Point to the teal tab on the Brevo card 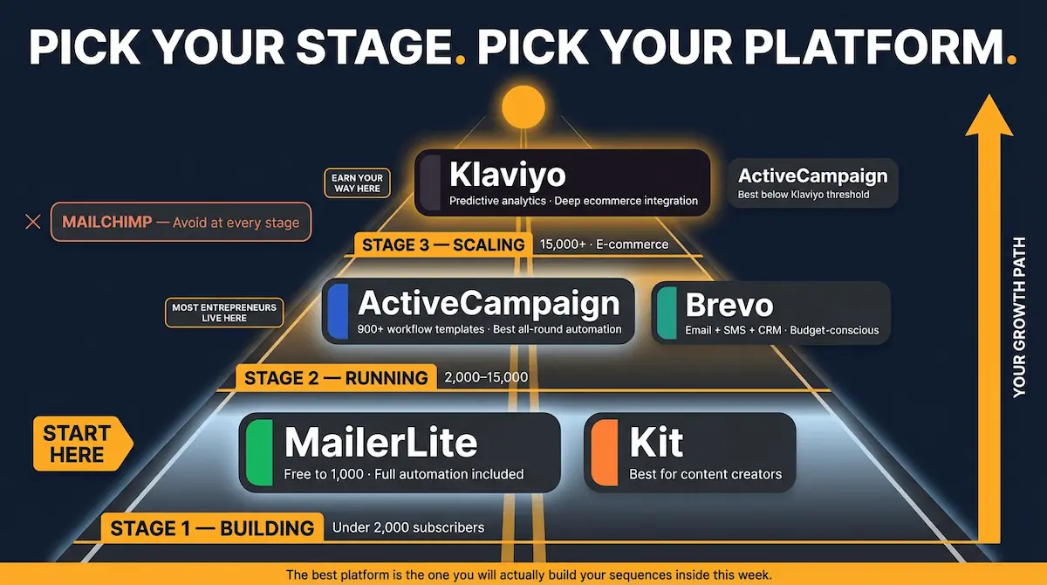pyautogui.click(x=667, y=313)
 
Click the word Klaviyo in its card pyautogui.click(x=507, y=175)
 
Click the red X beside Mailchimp pyautogui.click(x=33, y=222)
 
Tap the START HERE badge pyautogui.click(x=78, y=444)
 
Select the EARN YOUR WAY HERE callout pyautogui.click(x=357, y=183)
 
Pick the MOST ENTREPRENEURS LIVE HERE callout pyautogui.click(x=224, y=313)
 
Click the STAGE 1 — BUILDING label pyautogui.click(x=211, y=528)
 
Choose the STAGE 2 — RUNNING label pyautogui.click(x=336, y=378)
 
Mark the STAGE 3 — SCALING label pyautogui.click(x=443, y=244)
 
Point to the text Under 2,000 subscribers pyautogui.click(x=408, y=527)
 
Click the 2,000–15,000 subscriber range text pyautogui.click(x=486, y=378)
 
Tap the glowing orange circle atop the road pyautogui.click(x=523, y=106)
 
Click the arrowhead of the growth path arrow pyautogui.click(x=989, y=118)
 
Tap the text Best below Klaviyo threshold pyautogui.click(x=804, y=195)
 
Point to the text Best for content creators pyautogui.click(x=705, y=475)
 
